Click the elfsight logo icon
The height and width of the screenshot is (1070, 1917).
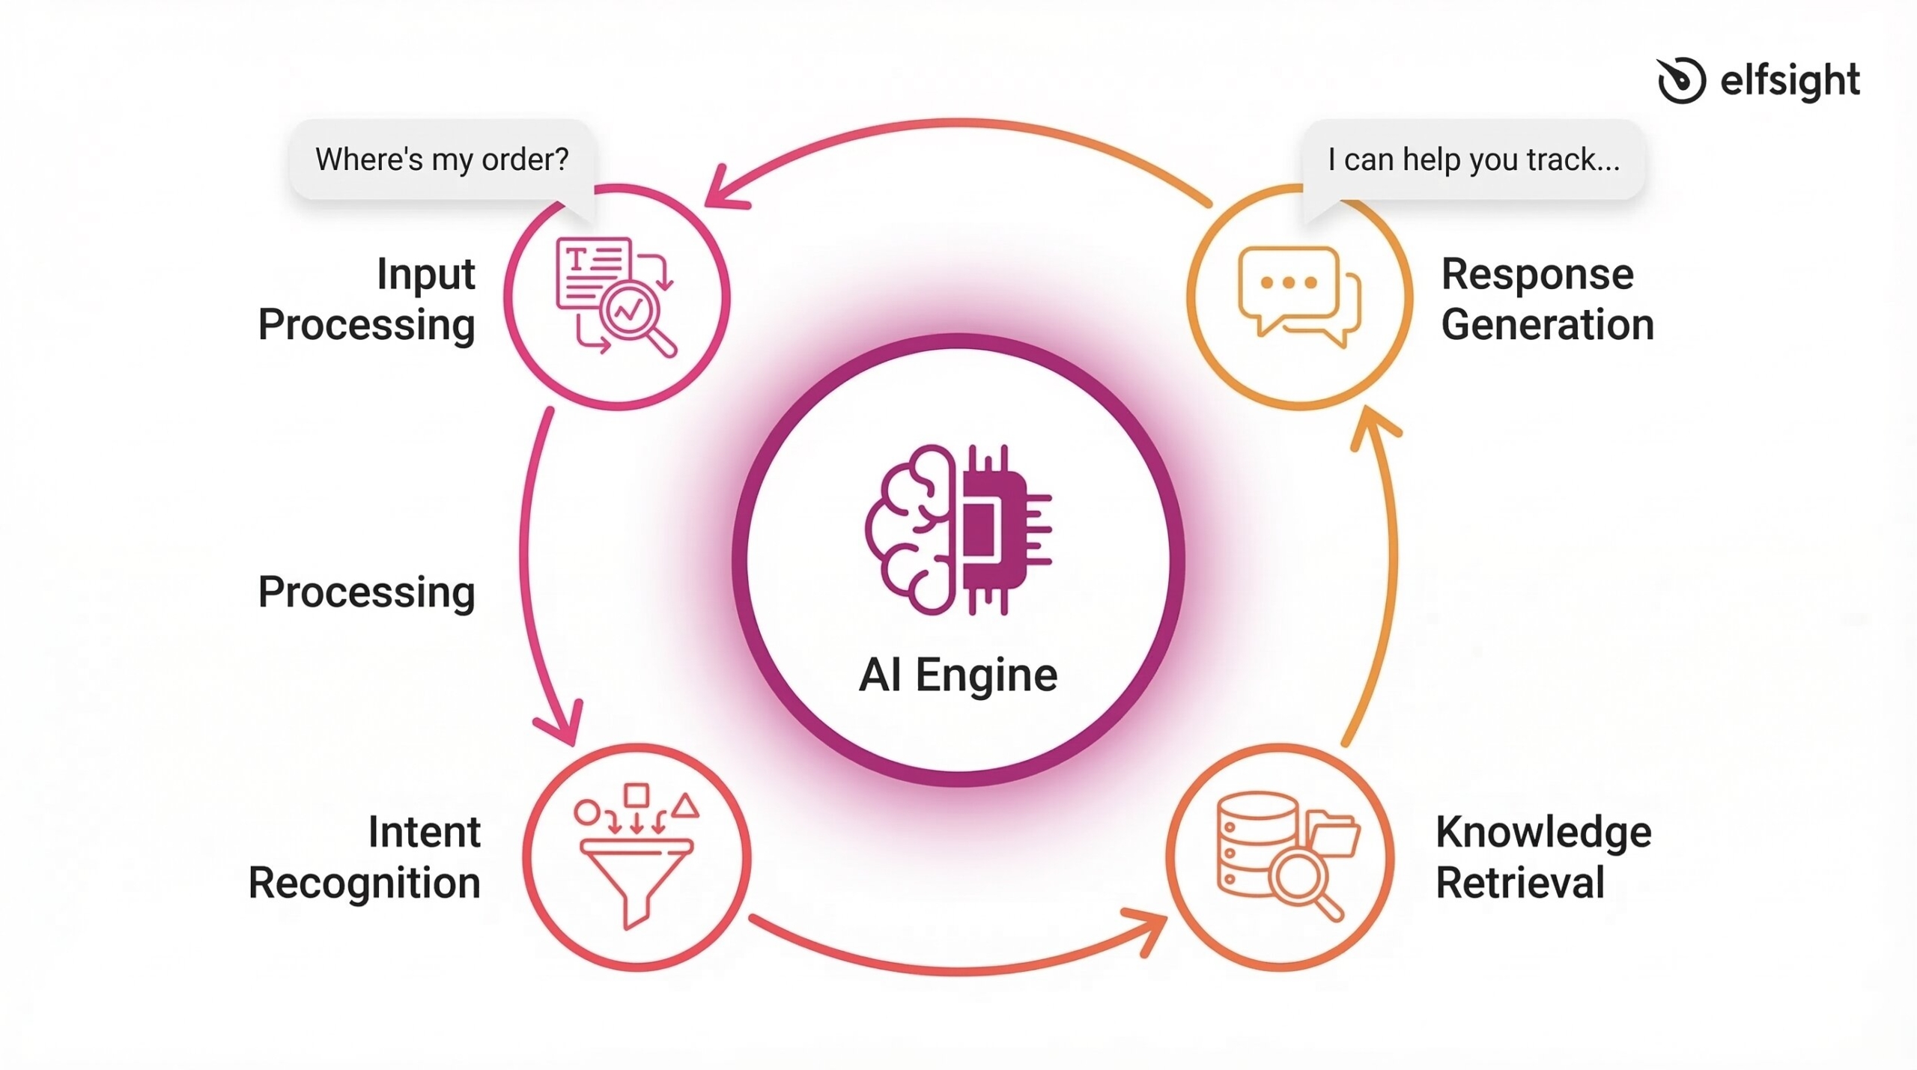(x=1680, y=79)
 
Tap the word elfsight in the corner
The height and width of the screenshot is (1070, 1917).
(x=1789, y=81)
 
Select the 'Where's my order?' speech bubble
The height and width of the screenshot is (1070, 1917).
(x=442, y=159)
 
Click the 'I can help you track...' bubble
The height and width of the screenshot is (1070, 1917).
(x=1473, y=159)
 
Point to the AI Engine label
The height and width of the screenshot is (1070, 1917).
(x=958, y=675)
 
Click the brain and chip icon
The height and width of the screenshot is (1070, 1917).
(x=958, y=530)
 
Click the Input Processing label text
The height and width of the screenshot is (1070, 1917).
(x=368, y=300)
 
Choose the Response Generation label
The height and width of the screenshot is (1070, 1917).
(x=1547, y=300)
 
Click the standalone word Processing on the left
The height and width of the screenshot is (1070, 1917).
(x=366, y=592)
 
